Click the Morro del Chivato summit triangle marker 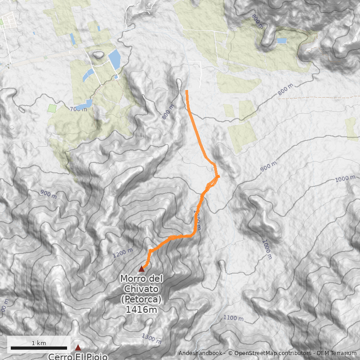pyautogui.click(x=141, y=269)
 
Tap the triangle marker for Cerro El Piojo pyautogui.click(x=78, y=347)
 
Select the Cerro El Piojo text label pyautogui.click(x=78, y=356)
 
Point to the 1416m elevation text pyautogui.click(x=141, y=309)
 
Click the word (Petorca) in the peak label pyautogui.click(x=141, y=299)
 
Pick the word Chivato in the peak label pyautogui.click(x=141, y=289)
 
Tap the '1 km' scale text pyautogui.click(x=39, y=343)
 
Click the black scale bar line pyautogui.click(x=39, y=348)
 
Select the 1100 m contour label pyautogui.click(x=233, y=318)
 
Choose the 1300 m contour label pyautogui.click(x=151, y=337)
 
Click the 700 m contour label pyautogui.click(x=78, y=109)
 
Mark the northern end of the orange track pyautogui.click(x=187, y=91)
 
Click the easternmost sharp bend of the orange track pyautogui.click(x=219, y=177)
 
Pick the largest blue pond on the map pyautogui.click(x=114, y=59)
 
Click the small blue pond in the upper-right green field pyautogui.click(x=282, y=40)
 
